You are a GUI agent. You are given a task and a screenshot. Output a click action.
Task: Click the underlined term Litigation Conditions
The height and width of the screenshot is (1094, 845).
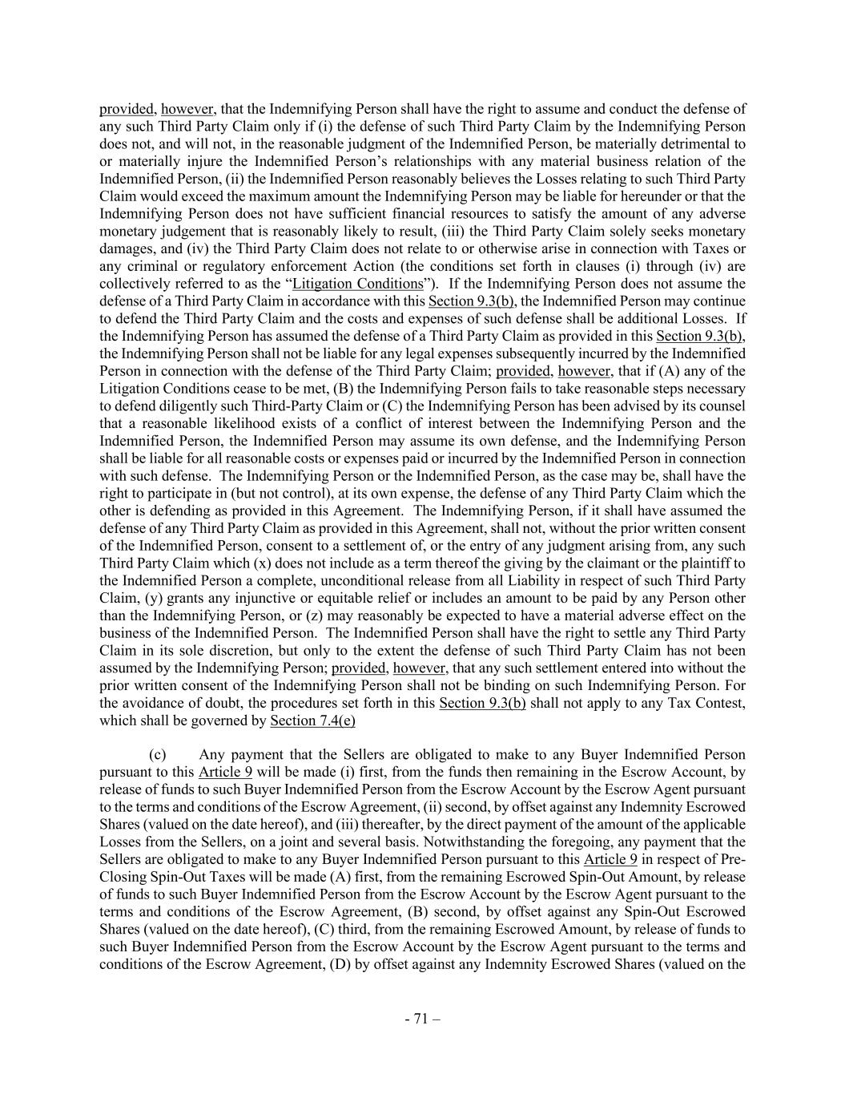(x=357, y=284)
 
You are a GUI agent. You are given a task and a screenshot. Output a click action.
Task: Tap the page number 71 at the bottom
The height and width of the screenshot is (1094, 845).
(x=422, y=1019)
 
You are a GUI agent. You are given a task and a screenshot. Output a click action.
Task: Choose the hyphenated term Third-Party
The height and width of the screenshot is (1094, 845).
(x=274, y=406)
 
